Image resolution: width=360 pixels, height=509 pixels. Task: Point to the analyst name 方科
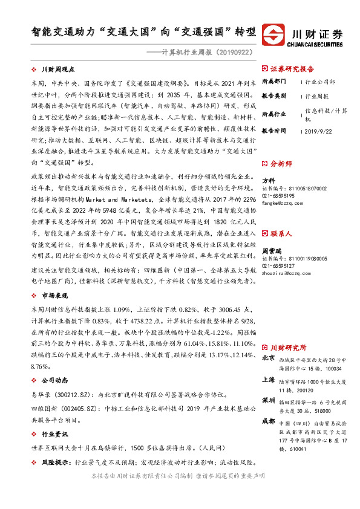(267, 181)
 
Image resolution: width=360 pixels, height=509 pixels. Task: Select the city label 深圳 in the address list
(268, 401)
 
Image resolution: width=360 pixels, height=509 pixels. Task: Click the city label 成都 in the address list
(268, 422)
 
